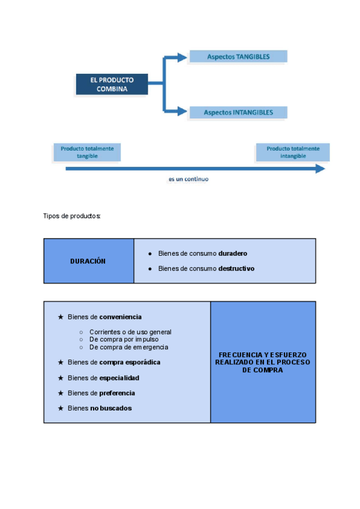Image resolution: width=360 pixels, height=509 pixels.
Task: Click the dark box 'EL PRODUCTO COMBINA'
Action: (112, 83)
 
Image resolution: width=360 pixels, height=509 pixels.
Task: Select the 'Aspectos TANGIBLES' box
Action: (238, 57)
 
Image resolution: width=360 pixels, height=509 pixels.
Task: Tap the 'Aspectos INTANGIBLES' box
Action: (238, 112)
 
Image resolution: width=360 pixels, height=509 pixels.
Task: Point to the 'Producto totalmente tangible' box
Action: (87, 152)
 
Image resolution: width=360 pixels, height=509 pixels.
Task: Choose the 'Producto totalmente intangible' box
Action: (293, 152)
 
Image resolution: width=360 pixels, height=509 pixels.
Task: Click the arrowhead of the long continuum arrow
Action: (320, 169)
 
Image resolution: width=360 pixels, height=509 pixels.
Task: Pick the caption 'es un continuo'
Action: (188, 179)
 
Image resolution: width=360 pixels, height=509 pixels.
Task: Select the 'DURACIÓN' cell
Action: (89, 261)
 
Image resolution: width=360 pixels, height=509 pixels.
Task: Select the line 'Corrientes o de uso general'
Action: (130, 332)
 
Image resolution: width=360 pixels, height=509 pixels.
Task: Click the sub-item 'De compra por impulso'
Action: (124, 339)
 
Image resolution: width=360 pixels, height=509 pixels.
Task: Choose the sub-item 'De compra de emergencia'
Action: (128, 347)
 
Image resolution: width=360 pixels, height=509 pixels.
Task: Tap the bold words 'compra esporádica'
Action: (130, 363)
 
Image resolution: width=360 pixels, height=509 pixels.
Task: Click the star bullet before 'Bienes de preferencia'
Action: (60, 393)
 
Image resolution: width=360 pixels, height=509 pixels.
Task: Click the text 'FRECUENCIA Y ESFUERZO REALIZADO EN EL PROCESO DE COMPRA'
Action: (263, 363)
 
